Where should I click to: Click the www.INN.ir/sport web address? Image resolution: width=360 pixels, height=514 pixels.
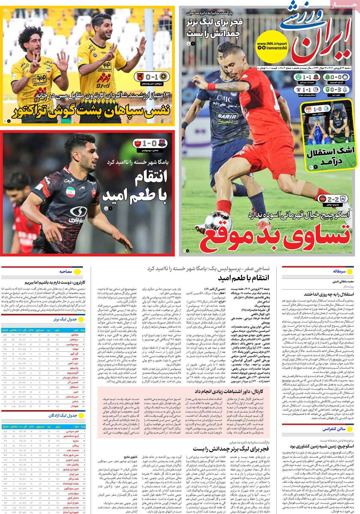click(x=272, y=44)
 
